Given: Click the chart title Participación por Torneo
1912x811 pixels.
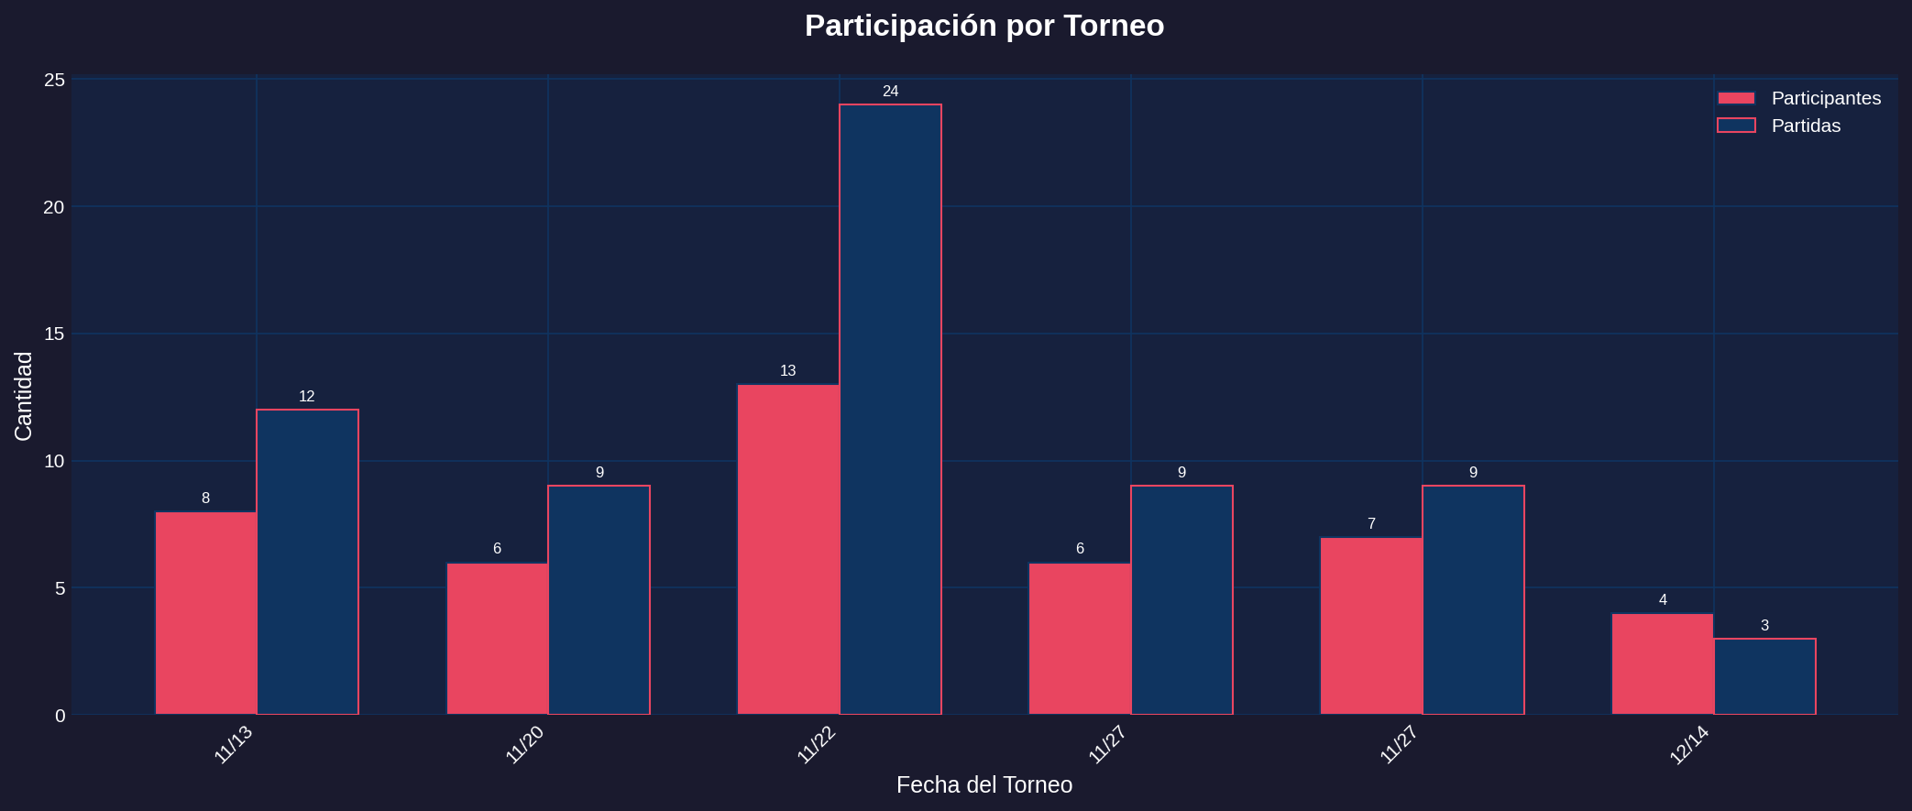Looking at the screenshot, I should tap(983, 26).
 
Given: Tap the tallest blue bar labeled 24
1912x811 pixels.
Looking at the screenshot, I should tap(890, 409).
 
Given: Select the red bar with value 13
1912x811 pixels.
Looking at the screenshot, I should tap(788, 549).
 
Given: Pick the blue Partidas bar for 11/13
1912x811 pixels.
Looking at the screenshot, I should tap(307, 561).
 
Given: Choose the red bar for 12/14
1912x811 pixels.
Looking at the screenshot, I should tap(1663, 663).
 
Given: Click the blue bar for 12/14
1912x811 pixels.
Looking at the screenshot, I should tap(1764, 676).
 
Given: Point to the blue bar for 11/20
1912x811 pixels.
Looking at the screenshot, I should tap(599, 599).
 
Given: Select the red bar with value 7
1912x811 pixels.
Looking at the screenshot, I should tap(1371, 625).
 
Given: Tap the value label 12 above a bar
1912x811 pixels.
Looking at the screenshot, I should tap(306, 397).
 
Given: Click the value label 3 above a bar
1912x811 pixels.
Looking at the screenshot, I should tap(1764, 626).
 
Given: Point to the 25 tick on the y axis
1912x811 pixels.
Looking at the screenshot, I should tap(55, 80).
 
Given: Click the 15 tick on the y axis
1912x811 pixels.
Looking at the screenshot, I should tap(55, 334).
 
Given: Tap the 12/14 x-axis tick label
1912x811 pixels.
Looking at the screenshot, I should tap(1689, 745).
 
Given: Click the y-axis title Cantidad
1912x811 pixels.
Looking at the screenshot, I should tap(24, 396).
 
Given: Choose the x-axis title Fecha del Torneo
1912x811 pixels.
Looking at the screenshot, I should tap(983, 785).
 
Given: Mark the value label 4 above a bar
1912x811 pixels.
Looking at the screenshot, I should tap(1663, 600).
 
